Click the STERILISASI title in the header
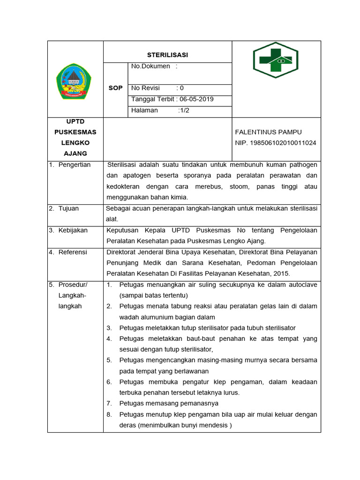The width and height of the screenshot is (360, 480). [167, 55]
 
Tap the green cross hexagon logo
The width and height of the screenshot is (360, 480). [276, 60]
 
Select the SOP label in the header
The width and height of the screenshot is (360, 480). [115, 88]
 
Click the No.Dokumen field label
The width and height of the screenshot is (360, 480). [150, 67]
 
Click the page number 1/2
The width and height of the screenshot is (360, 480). [184, 111]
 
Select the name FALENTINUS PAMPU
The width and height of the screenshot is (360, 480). [269, 132]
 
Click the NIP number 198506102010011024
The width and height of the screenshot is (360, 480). [276, 143]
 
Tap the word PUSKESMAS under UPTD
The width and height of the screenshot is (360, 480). [75, 132]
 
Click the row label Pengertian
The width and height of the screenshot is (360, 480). [74, 165]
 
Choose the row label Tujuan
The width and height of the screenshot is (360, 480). [68, 208]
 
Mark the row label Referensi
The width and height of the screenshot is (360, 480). [73, 252]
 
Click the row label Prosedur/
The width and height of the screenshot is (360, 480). [73, 285]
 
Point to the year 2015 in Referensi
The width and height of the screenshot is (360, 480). [282, 273]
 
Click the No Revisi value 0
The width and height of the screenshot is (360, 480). [181, 88]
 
